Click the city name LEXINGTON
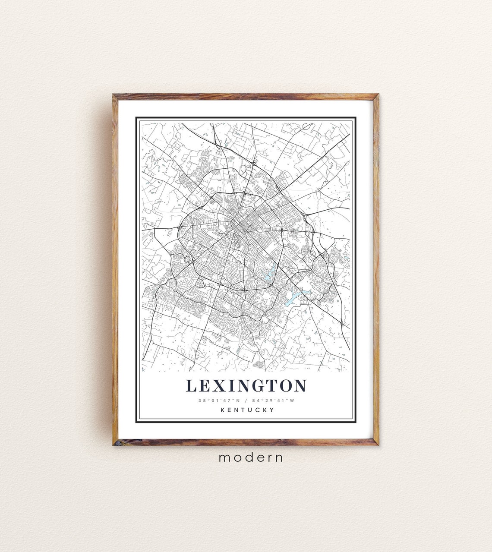[x=246, y=385]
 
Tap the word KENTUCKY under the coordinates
[x=247, y=410]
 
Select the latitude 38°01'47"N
[x=216, y=401]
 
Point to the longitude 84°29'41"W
[x=276, y=401]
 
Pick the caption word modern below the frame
[x=251, y=457]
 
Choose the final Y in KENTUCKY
[x=272, y=410]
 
